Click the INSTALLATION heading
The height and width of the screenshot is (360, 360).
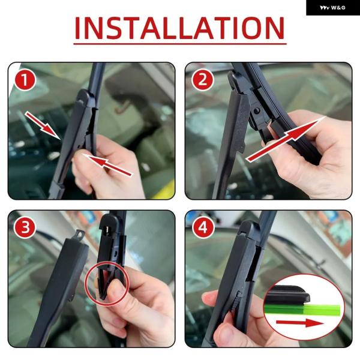(x=180, y=28)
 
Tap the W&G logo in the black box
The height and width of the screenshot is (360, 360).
(x=332, y=8)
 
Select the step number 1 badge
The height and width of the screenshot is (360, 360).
(x=25, y=80)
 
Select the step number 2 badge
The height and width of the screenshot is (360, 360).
(x=203, y=80)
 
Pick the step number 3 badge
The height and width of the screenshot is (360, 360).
(x=25, y=228)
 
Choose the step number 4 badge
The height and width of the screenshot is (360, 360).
(x=203, y=228)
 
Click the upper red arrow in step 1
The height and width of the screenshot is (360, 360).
(x=43, y=125)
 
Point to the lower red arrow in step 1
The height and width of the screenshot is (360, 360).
(x=108, y=165)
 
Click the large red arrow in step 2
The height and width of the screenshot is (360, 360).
(x=286, y=139)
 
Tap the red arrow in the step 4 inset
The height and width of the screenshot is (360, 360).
(x=300, y=323)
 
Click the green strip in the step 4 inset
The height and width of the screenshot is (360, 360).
(x=302, y=310)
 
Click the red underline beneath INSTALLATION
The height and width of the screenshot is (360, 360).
(x=180, y=43)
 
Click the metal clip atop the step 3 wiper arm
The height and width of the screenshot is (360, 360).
(x=80, y=235)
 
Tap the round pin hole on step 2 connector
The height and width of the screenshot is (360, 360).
(x=257, y=111)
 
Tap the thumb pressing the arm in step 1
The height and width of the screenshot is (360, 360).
(x=79, y=160)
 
